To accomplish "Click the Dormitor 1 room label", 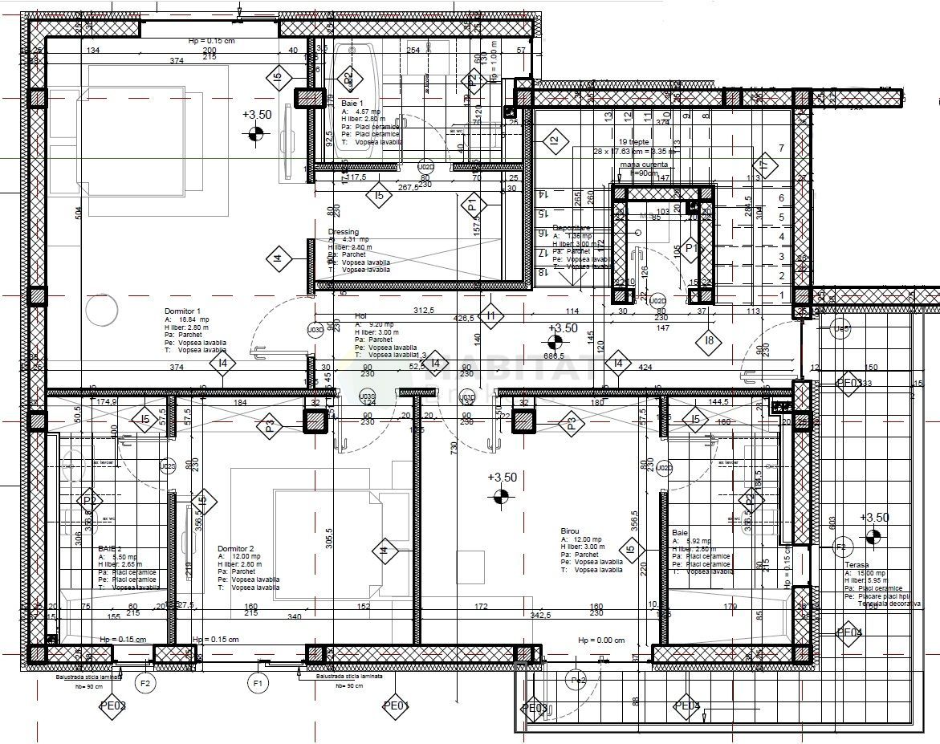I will (182, 311).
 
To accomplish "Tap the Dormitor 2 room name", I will (235, 549).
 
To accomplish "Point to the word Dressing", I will (344, 232).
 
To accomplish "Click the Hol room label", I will (360, 316).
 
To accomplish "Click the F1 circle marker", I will (258, 684).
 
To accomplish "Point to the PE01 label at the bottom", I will (396, 706).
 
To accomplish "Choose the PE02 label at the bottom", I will (112, 706).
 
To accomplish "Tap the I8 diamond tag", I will (708, 340).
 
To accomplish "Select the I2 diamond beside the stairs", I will (552, 142).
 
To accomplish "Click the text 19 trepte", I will (634, 141).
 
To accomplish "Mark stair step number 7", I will (781, 148).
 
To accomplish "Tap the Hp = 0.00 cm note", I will (601, 640).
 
